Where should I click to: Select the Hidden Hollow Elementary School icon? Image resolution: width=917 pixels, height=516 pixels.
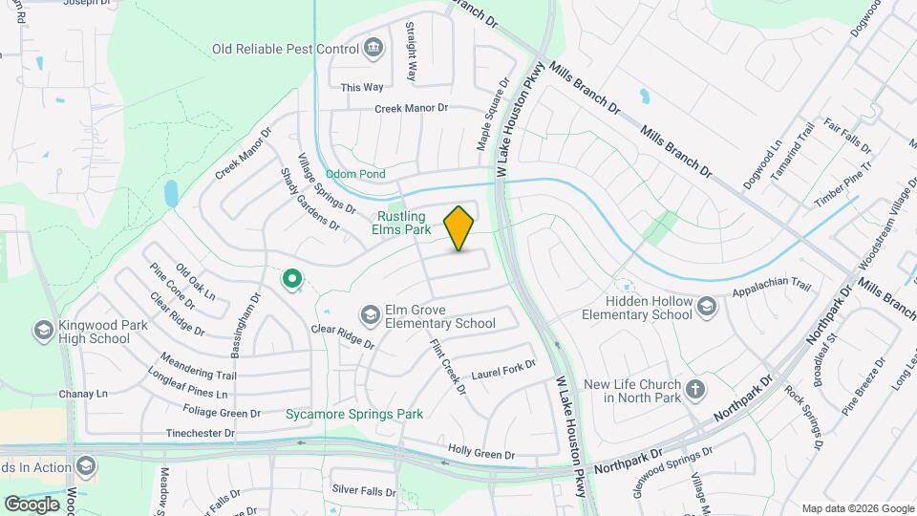[706, 306]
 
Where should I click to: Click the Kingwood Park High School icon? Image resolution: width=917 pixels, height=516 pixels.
[43, 331]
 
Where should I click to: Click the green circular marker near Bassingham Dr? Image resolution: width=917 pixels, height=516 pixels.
[291, 279]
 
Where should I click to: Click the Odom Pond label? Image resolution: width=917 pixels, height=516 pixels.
[355, 174]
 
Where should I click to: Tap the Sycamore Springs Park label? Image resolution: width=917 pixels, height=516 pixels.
[354, 414]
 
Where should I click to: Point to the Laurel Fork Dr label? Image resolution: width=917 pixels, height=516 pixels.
[503, 368]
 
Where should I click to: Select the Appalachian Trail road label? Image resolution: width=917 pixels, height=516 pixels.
[771, 287]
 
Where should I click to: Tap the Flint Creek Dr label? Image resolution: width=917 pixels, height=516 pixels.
[448, 367]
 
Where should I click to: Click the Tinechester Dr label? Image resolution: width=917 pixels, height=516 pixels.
[201, 433]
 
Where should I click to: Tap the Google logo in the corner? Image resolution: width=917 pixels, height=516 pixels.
[32, 504]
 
